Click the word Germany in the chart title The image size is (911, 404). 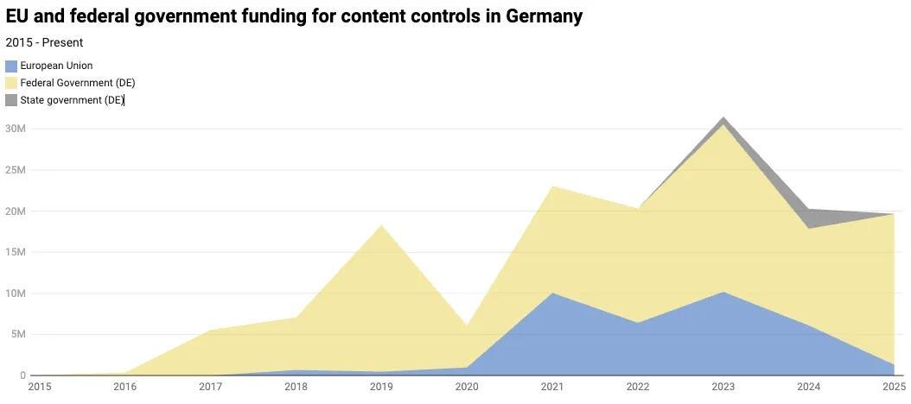[544, 16]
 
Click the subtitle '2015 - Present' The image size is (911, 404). [44, 42]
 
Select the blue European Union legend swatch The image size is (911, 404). [11, 66]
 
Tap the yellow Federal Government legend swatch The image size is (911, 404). [11, 83]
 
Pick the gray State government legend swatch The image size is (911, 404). [11, 100]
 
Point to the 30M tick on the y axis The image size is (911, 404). [15, 129]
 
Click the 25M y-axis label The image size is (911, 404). [15, 170]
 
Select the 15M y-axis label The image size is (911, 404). [15, 252]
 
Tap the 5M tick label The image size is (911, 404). [17, 334]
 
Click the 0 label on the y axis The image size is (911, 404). [22, 376]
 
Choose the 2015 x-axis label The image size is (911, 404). [40, 388]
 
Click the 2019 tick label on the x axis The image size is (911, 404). [381, 388]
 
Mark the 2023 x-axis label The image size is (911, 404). [723, 388]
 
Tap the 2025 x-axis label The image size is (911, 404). [894, 388]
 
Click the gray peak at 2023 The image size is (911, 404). [723, 120]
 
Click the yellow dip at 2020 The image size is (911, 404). [467, 328]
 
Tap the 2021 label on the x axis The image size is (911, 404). [552, 388]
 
